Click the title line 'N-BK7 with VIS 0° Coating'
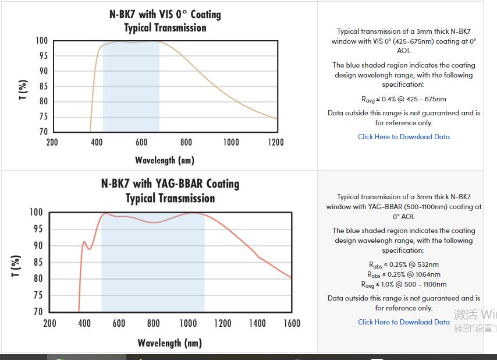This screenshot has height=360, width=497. [x=165, y=14]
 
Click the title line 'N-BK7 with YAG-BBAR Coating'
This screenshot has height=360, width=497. [x=170, y=183]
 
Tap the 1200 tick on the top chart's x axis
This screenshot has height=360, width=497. [x=276, y=142]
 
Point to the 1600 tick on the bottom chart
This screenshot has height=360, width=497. [x=292, y=323]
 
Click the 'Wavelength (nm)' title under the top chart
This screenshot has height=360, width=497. [x=165, y=160]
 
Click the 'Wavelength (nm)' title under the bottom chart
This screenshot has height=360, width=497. [x=169, y=343]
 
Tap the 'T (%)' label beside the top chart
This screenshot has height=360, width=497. [x=23, y=90]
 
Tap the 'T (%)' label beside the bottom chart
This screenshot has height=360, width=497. [x=18, y=265]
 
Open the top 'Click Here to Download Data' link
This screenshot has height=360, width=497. [x=403, y=137]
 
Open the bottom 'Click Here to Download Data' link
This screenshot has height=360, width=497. [x=403, y=322]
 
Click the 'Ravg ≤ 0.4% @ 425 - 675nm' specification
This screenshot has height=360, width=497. [x=403, y=99]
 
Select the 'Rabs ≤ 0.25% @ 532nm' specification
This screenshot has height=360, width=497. [x=403, y=264]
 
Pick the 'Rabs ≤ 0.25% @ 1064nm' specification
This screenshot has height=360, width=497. [x=403, y=274]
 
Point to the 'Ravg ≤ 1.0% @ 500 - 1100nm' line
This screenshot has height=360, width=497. [x=403, y=284]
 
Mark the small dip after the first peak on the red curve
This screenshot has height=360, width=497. [x=89, y=249]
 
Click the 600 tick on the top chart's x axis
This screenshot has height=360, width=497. [x=141, y=142]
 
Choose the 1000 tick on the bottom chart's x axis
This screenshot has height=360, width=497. [x=188, y=323]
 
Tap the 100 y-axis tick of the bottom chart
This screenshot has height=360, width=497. [x=36, y=213]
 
